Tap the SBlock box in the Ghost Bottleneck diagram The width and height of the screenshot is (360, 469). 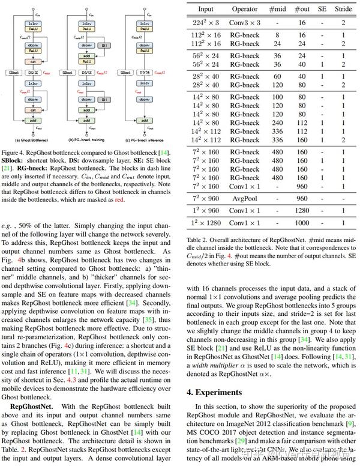pos(13,72)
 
